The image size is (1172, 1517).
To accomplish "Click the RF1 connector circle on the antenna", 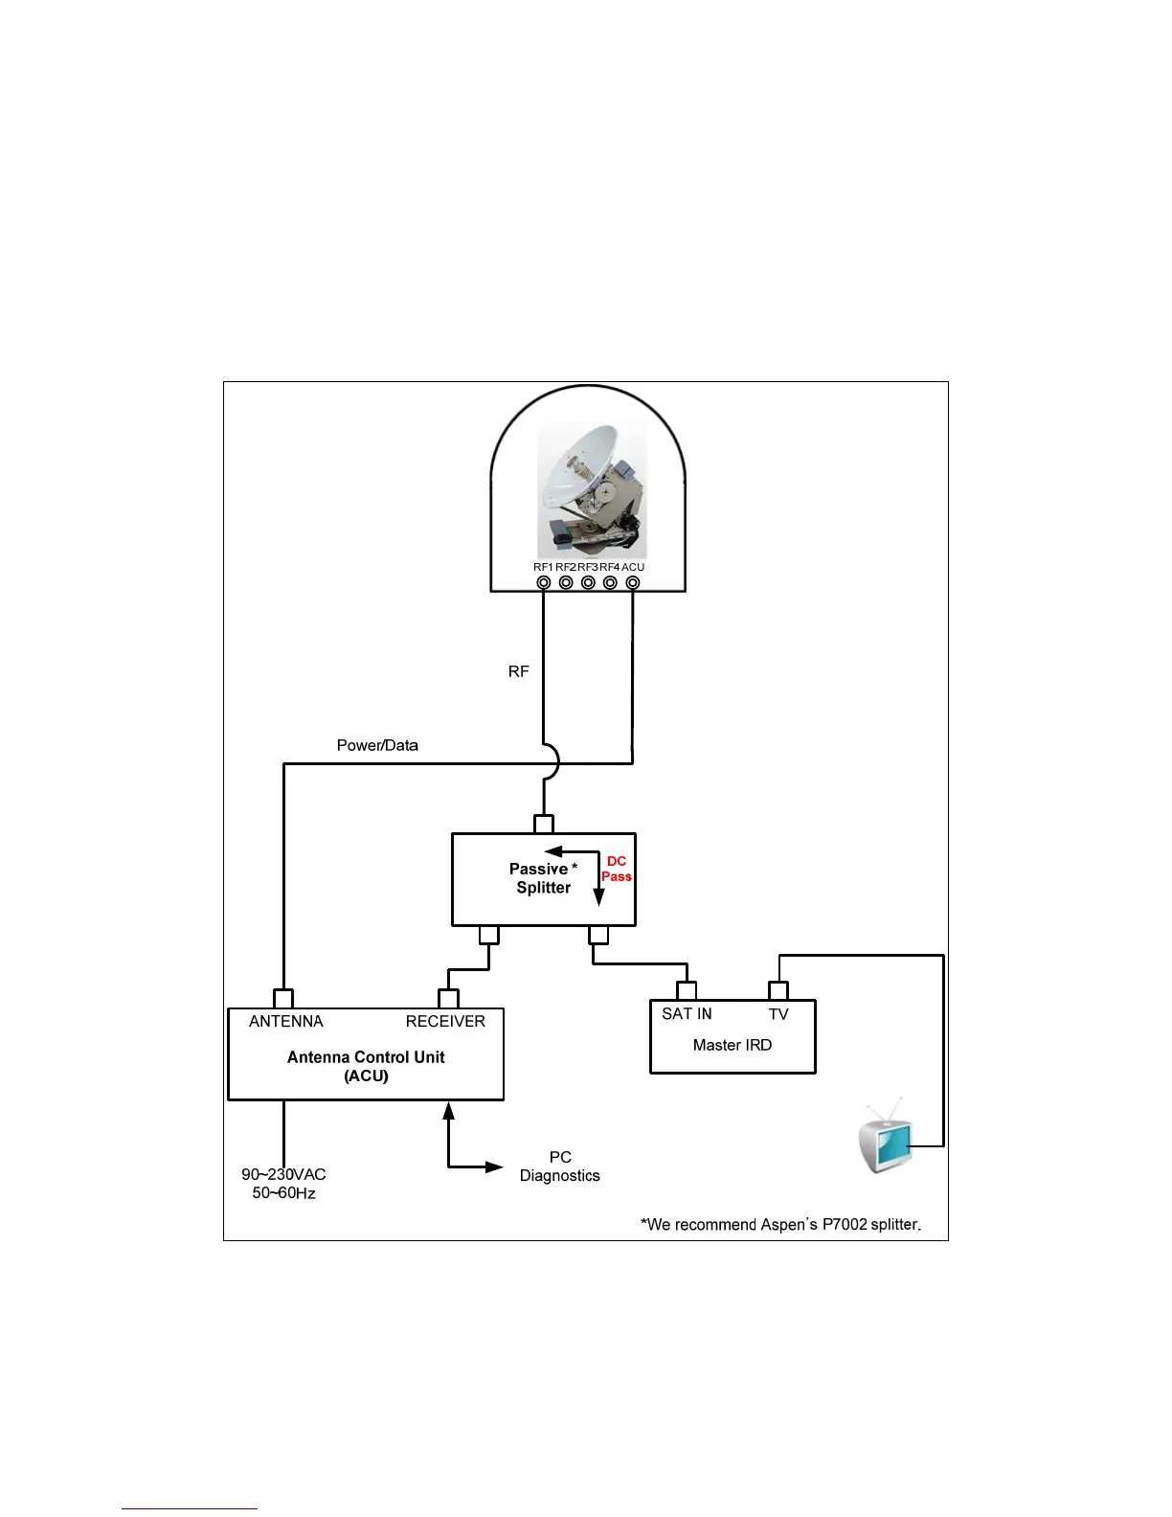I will point(543,582).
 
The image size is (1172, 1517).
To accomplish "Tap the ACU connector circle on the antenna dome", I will point(633,582).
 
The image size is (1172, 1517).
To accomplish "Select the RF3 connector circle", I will point(588,582).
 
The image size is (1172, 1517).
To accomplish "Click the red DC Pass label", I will point(617,869).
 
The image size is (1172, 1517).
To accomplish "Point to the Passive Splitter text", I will point(543,878).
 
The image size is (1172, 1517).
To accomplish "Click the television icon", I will point(886,1139).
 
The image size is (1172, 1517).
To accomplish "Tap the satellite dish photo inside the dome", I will point(592,491).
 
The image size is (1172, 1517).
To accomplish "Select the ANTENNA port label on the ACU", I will point(286,1021).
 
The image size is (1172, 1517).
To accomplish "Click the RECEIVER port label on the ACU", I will point(445,1021).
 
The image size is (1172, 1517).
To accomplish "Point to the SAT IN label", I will point(687,1013).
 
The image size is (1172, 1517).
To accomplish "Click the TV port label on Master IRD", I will point(778,1014).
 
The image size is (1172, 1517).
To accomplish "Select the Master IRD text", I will point(732,1045).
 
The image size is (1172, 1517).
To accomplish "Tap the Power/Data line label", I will point(377,745).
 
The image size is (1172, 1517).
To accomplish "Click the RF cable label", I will point(518,671).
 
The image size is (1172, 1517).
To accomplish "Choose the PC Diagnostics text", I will point(560,1166).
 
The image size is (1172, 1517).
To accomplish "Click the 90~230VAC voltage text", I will point(283,1174).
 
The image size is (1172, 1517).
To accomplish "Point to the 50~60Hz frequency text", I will point(283,1193).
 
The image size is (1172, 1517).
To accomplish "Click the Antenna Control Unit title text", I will point(366,1057).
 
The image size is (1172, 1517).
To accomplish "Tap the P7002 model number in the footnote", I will point(845,1224).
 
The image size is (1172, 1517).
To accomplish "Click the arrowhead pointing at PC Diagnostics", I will point(494,1166).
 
